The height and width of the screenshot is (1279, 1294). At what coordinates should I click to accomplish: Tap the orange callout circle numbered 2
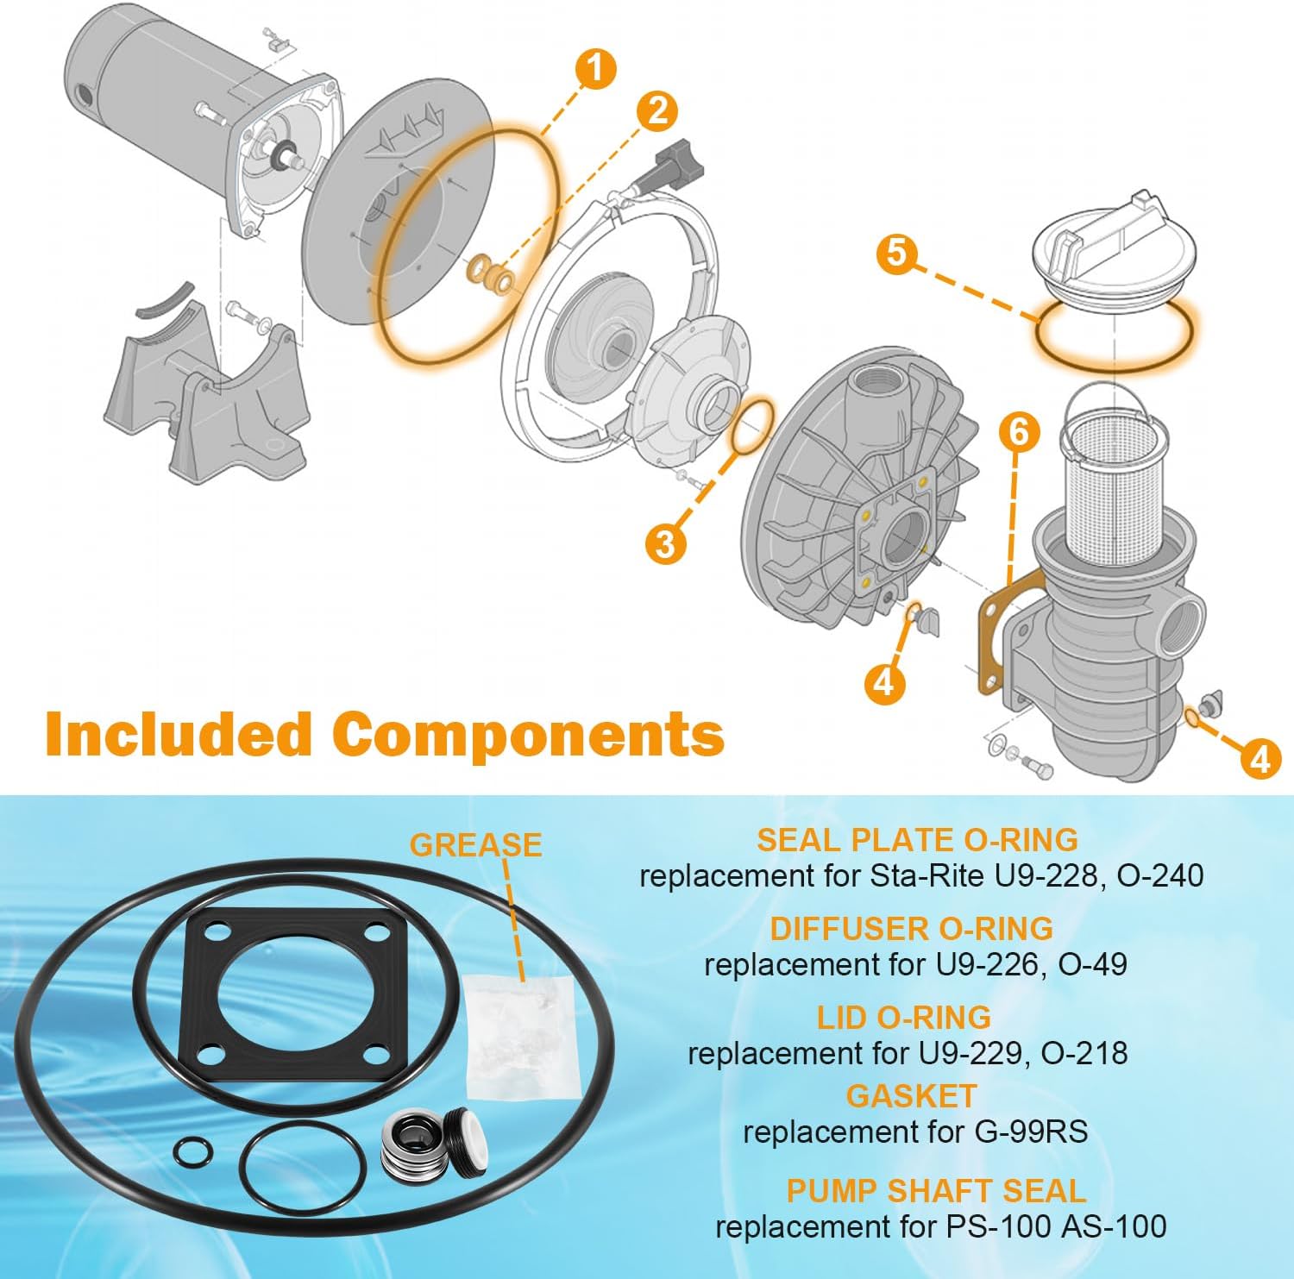point(657,110)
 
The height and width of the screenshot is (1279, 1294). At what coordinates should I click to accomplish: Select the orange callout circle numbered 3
point(665,543)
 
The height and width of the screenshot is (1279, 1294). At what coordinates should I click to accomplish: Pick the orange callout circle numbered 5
point(898,254)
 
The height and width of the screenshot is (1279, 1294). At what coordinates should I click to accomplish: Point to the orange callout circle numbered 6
point(1019,431)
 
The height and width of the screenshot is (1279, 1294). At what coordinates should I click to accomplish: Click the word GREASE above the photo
point(476,844)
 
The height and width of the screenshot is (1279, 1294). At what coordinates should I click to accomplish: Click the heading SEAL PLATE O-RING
point(917,839)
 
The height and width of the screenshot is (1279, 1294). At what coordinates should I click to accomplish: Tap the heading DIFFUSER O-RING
point(911,928)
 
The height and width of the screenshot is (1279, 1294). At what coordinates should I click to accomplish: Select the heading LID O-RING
point(904,1018)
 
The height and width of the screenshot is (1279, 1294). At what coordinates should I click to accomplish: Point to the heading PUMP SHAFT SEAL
point(936,1190)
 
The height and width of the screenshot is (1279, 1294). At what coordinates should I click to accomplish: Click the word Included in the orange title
point(179,734)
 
